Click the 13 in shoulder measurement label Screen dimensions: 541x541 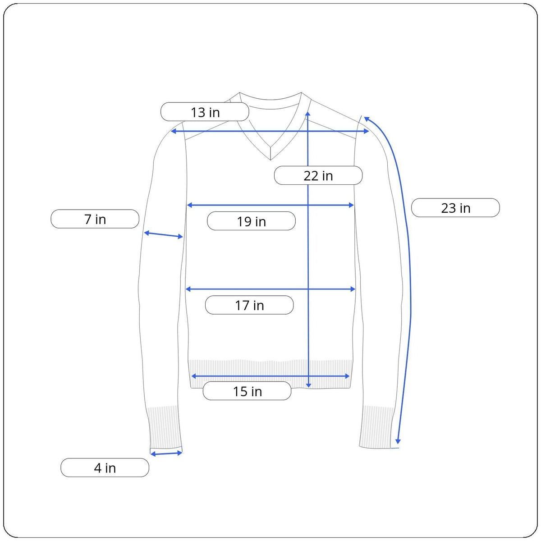205,112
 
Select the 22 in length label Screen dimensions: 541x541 318,175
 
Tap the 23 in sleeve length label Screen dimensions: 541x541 455,208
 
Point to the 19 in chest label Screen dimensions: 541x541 251,221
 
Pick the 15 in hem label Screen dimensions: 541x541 247,391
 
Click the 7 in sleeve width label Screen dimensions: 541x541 95,219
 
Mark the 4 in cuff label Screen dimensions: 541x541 105,468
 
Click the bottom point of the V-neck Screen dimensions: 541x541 270,160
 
